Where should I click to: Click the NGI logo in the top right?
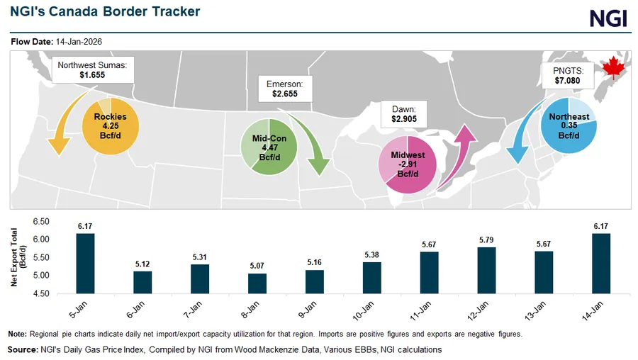coord(609,18)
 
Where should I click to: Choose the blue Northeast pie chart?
coord(569,125)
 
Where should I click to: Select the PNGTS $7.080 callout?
coord(567,75)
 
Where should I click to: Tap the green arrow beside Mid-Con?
coord(314,145)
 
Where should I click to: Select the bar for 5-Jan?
coord(85,263)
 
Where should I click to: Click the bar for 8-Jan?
coord(257,283)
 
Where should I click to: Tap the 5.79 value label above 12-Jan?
coord(486,239)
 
